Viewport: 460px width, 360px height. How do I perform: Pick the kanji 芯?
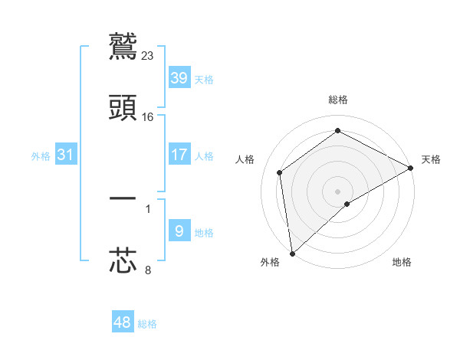click(x=123, y=260)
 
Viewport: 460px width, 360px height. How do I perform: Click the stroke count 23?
click(x=148, y=55)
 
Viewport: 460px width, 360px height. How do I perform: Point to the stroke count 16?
click(x=148, y=116)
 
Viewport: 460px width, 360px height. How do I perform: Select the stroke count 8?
click(x=148, y=269)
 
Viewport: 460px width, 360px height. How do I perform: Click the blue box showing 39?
click(x=179, y=78)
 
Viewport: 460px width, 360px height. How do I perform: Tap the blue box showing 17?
click(x=179, y=155)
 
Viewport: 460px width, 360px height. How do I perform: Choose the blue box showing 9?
click(x=179, y=231)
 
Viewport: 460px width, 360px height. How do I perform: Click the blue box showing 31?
click(x=66, y=155)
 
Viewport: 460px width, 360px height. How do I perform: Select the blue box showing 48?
click(x=122, y=322)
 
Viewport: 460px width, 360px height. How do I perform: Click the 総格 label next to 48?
click(x=147, y=324)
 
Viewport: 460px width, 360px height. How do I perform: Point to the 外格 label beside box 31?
click(x=41, y=156)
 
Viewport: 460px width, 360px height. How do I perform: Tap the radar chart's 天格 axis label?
click(x=431, y=159)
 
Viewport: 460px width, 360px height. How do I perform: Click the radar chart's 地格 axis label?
click(x=402, y=262)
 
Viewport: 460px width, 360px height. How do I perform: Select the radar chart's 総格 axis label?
click(x=338, y=100)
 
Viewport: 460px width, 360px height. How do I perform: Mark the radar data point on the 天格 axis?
click(x=411, y=168)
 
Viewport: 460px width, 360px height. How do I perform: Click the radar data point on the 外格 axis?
click(x=292, y=253)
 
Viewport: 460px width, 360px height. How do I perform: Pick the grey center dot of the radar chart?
click(x=337, y=191)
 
